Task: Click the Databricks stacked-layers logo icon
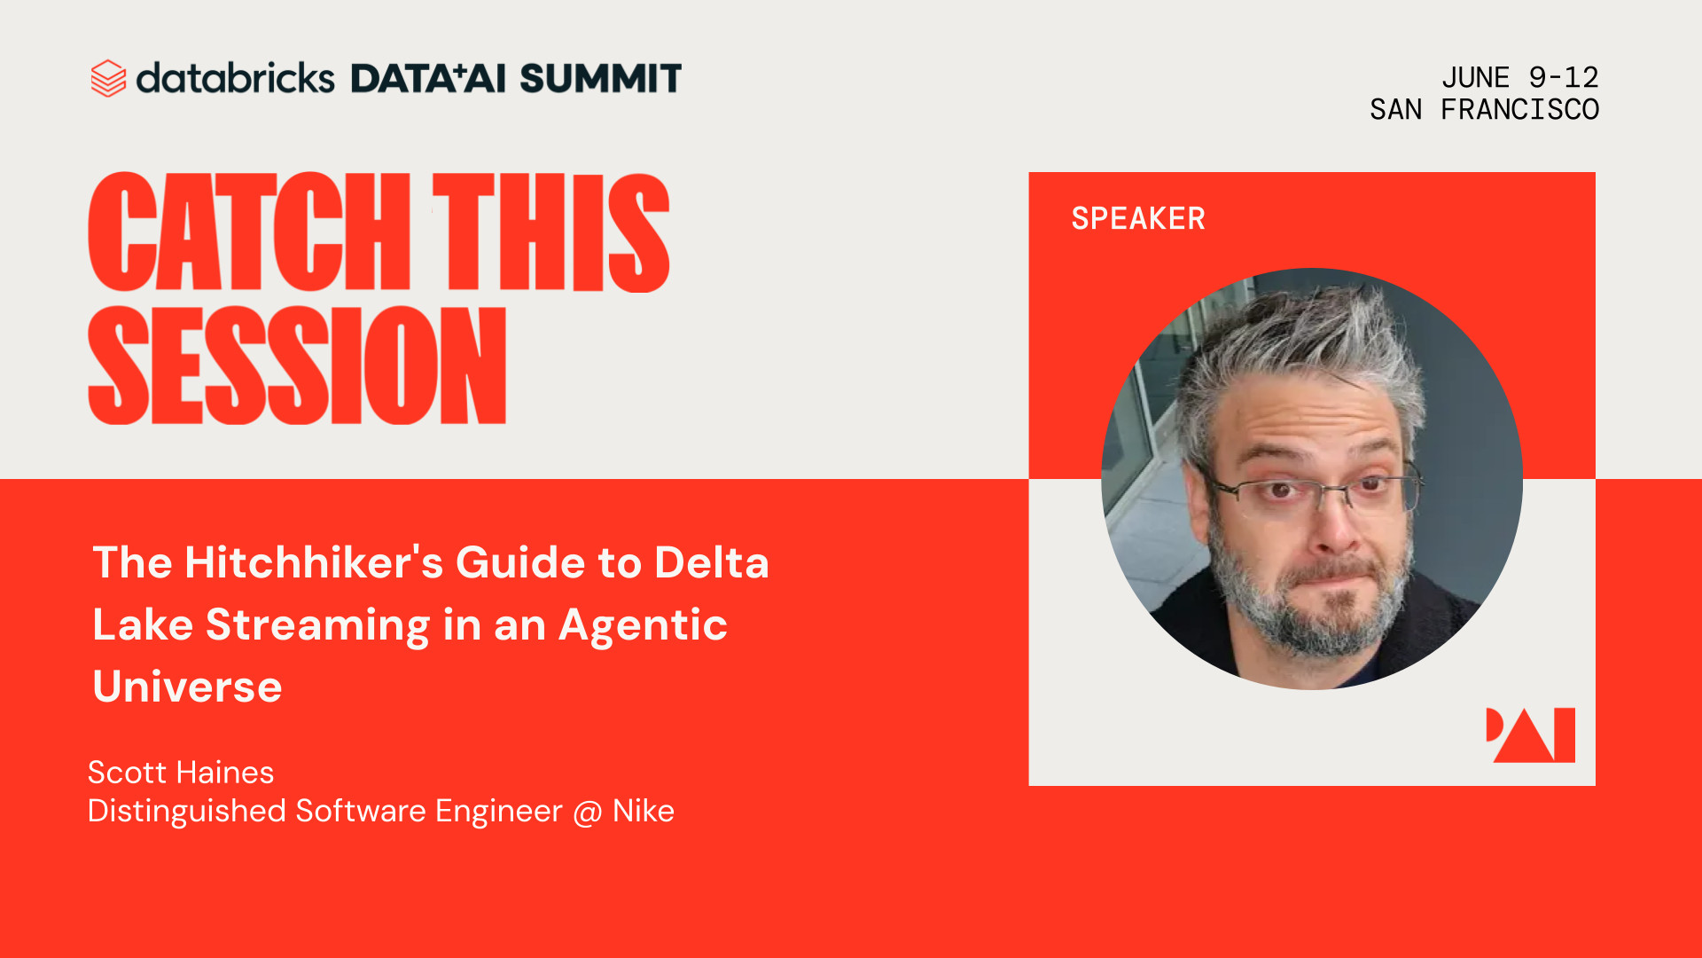click(108, 78)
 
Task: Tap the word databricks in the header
click(235, 78)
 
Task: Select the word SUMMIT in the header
click(600, 78)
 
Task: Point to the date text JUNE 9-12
click(1519, 77)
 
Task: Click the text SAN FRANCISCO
click(1484, 109)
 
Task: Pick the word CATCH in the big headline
click(249, 232)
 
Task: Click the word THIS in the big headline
click(550, 232)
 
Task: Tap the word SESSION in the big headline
click(297, 365)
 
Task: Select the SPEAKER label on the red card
click(1138, 218)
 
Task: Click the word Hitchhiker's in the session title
click(314, 562)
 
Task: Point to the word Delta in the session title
click(712, 562)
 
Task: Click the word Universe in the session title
click(187, 687)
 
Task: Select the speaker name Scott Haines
click(181, 773)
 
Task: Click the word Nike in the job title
click(644, 811)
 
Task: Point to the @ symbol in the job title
click(587, 813)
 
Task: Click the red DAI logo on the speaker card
click(1531, 735)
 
